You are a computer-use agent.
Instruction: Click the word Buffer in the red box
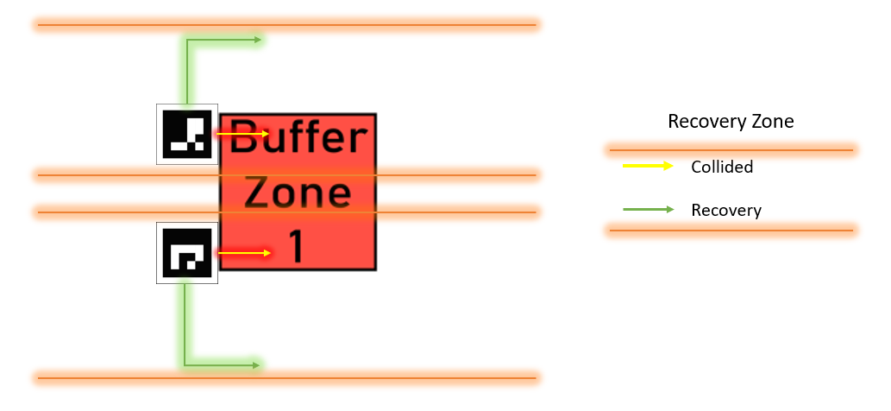298,137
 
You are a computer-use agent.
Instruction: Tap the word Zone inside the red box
298,193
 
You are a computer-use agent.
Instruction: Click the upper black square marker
187,134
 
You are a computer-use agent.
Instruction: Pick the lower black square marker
187,253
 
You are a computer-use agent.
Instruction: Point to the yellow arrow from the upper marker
242,134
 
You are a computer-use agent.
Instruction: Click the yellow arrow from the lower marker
244,253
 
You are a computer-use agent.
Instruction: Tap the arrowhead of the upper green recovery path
258,40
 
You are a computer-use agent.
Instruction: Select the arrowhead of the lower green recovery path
256,365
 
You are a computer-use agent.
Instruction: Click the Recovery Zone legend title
731,121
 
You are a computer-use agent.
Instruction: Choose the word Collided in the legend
722,167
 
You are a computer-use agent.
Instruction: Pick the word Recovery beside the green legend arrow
726,211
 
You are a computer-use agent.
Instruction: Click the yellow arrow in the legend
648,166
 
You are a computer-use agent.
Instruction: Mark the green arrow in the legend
649,210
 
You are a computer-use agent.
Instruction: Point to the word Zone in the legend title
774,121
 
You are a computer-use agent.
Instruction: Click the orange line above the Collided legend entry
731,150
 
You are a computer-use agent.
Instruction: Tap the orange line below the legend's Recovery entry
731,231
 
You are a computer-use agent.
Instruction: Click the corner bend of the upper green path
186,40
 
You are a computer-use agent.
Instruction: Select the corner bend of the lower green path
185,365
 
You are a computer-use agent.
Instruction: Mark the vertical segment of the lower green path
185,324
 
